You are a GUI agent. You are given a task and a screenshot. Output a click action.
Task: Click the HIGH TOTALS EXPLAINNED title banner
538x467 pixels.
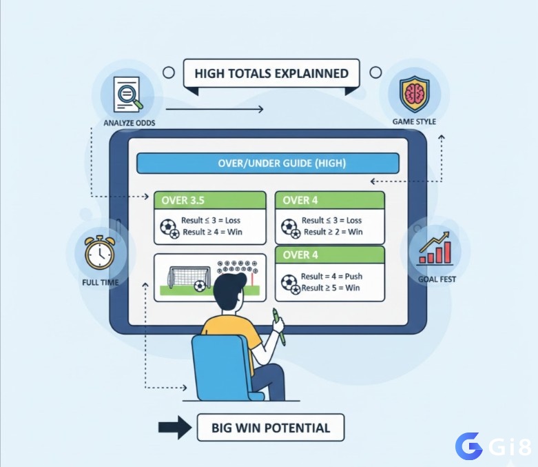(x=271, y=73)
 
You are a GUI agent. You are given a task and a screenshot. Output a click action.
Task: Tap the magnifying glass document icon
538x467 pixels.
(x=127, y=94)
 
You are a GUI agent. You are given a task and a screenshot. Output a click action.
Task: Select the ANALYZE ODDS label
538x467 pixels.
(x=130, y=123)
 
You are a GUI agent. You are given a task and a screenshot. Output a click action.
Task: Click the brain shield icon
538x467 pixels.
(x=415, y=94)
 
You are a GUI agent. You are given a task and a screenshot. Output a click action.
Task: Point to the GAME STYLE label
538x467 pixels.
(x=414, y=121)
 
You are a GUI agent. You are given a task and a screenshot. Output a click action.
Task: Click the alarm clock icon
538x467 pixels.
(x=99, y=252)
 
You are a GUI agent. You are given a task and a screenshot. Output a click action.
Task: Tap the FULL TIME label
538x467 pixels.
(x=100, y=282)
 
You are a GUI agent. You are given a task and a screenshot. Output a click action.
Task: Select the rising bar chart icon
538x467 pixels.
(x=435, y=248)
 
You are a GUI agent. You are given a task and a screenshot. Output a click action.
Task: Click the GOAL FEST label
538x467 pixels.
(x=437, y=279)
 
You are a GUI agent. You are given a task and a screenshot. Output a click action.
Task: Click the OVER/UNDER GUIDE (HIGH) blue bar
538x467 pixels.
(x=268, y=163)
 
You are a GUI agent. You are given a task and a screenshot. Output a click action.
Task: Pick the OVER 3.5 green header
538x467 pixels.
(x=210, y=200)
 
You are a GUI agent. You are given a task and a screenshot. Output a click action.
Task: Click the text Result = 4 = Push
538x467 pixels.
(x=331, y=277)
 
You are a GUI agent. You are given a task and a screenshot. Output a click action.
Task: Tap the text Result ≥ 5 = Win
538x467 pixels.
(x=331, y=288)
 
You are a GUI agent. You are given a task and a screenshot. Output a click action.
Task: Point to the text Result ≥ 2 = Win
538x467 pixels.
(x=333, y=232)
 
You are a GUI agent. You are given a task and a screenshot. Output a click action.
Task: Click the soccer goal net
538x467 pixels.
(x=189, y=277)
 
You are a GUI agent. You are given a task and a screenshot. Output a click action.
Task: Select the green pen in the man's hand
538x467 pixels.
(x=279, y=326)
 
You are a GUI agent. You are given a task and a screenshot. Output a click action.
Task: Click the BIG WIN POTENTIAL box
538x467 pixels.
(x=271, y=428)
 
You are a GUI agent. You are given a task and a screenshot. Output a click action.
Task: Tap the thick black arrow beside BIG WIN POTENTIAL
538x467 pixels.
(x=175, y=428)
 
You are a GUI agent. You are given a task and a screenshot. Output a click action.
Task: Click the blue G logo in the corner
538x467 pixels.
(x=468, y=446)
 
